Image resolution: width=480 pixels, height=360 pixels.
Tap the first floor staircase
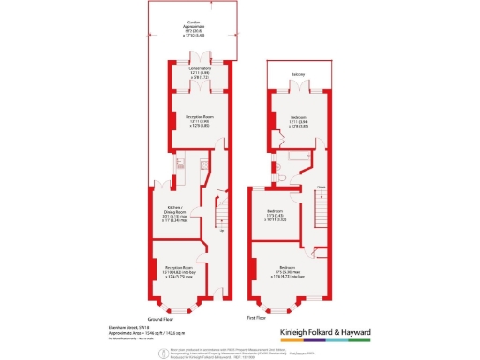pyautogui.click(x=320, y=217)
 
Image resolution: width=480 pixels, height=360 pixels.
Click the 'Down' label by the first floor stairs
pyautogui.click(x=320, y=187)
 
